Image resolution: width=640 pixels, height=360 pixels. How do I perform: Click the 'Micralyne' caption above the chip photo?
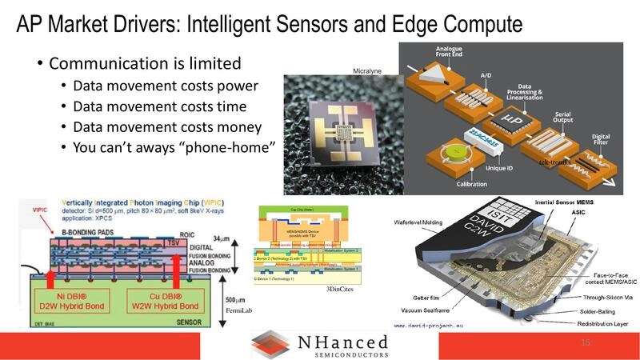coord(369,71)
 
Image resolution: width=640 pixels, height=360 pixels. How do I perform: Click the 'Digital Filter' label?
coord(600,140)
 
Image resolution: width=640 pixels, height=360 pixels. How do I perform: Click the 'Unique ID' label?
coord(502,168)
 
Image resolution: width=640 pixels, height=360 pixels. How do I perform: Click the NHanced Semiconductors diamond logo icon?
coord(270,344)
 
